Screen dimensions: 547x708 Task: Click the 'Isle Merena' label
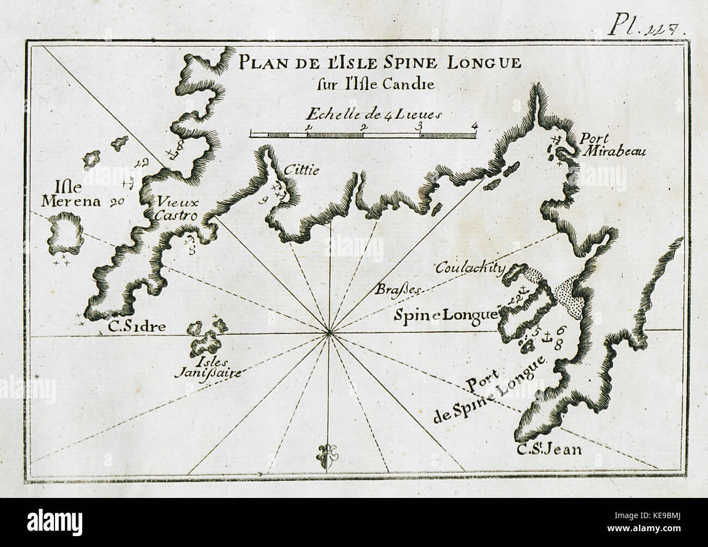[x=68, y=196]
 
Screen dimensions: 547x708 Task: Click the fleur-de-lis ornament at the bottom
[x=327, y=452]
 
